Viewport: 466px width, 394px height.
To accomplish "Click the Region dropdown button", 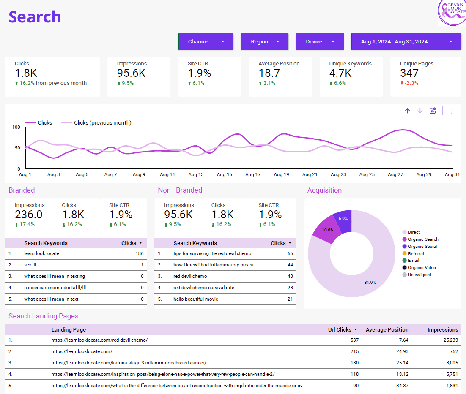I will (x=264, y=42).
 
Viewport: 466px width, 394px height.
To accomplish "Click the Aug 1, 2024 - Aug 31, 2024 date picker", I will (x=406, y=42).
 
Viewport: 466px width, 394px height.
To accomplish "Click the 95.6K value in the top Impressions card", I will (x=131, y=73).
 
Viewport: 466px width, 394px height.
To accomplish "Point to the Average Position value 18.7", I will (x=269, y=73).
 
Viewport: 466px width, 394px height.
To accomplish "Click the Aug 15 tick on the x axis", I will (x=224, y=174).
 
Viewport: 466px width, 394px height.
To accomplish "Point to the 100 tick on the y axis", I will (x=16, y=127).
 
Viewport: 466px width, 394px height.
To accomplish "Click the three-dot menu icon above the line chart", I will (x=452, y=111).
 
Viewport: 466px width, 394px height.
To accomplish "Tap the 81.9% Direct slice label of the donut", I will (x=370, y=282).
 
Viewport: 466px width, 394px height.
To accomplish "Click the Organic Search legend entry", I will (x=423, y=239).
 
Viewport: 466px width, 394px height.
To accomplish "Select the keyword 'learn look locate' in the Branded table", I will (x=42, y=253).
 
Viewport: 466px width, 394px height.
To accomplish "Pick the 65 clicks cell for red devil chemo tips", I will (x=290, y=253).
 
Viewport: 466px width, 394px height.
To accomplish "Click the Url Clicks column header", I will (x=340, y=329).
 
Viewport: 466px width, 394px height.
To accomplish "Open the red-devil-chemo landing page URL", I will (x=99, y=340).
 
